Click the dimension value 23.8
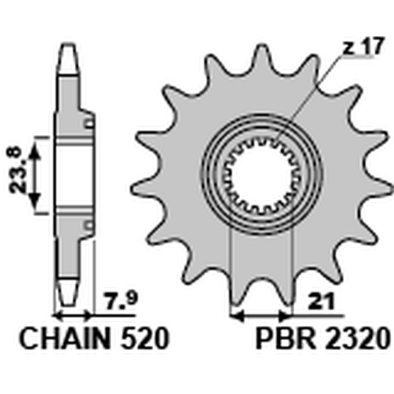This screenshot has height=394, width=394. tap(18, 171)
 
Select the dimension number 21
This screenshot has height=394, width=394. tap(322, 300)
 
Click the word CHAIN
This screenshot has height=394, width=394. tap(65, 338)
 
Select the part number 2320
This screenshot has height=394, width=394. tap(357, 338)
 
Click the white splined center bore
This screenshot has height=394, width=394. tap(262, 175)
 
